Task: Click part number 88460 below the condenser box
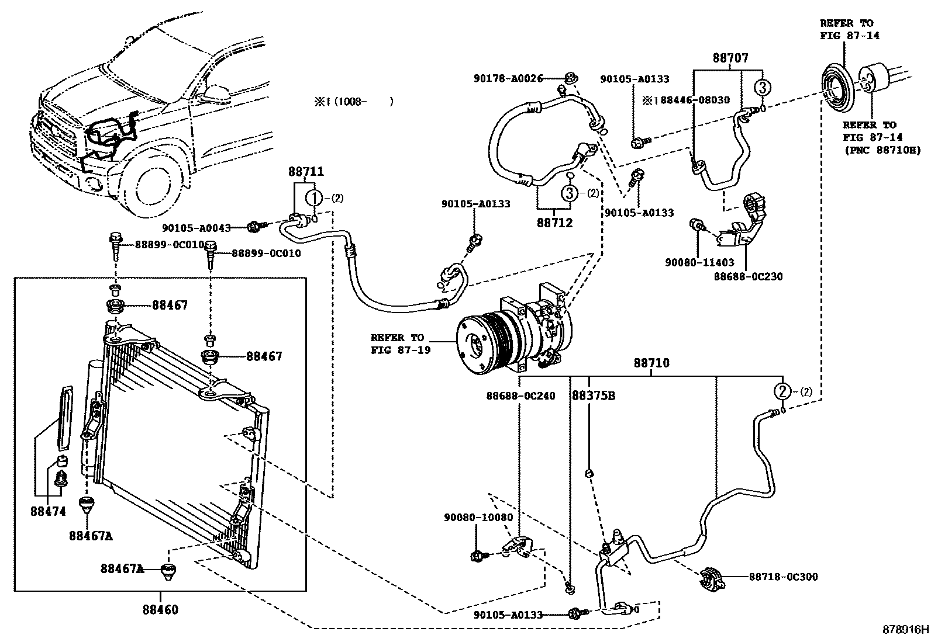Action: [160, 610]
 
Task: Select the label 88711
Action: [305, 172]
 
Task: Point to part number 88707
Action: [730, 58]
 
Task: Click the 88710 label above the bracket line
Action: [651, 363]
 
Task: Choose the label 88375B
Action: [593, 395]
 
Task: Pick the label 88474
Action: [48, 511]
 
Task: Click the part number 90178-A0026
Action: [509, 78]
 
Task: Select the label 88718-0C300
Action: [783, 577]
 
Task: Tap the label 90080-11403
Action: [699, 263]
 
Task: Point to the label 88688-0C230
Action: [747, 276]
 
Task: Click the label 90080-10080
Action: [478, 518]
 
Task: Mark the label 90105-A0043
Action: [196, 228]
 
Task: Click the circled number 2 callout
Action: [782, 391]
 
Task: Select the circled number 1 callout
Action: [315, 198]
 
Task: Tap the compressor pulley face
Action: [475, 345]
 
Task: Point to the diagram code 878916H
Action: [905, 630]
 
